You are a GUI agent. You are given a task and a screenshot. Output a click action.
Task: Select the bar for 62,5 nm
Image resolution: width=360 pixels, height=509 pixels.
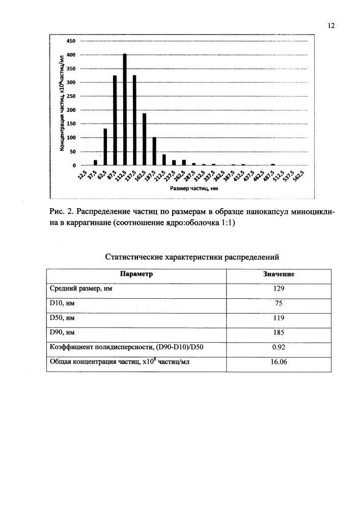105,147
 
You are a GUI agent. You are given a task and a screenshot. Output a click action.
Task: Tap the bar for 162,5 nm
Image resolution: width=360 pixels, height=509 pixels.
145,139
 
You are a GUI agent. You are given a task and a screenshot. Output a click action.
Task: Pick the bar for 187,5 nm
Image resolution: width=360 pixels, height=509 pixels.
154,152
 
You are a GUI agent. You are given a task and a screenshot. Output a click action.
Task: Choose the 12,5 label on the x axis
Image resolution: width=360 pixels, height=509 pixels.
82,177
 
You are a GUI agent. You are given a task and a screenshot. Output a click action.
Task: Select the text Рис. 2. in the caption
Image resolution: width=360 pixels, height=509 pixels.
62,211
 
